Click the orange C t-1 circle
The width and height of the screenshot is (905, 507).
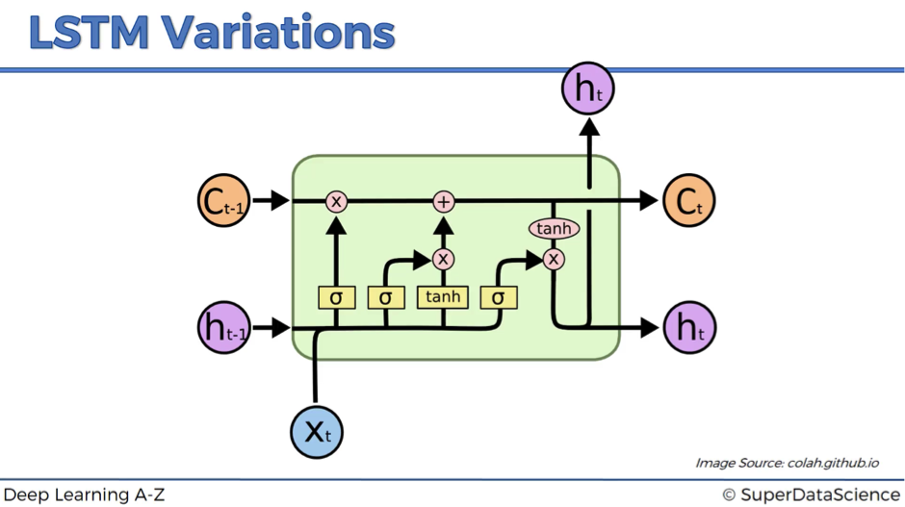[224, 200]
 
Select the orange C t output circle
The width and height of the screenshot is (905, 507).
[688, 200]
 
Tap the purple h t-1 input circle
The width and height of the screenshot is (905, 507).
[224, 327]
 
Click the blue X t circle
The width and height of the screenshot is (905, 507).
[317, 432]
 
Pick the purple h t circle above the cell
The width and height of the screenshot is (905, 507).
[587, 89]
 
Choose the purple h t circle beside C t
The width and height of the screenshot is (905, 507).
[689, 327]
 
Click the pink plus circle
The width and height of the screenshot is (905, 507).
[443, 202]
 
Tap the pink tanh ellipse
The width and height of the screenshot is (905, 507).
[555, 228]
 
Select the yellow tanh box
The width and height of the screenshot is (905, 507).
[443, 297]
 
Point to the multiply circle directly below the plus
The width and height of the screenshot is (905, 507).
[443, 259]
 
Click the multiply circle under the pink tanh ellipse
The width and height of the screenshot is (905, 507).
[554, 259]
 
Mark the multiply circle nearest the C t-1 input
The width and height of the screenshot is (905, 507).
[336, 202]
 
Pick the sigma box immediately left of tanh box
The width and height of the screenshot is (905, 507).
[385, 297]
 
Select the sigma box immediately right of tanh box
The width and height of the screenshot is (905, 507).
[498, 297]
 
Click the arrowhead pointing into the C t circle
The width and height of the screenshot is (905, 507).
[649, 201]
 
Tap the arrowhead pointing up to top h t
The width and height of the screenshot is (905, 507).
[588, 127]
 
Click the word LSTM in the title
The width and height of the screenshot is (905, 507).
[89, 33]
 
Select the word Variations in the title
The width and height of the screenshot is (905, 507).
[277, 33]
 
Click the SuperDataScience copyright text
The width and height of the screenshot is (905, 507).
[812, 494]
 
